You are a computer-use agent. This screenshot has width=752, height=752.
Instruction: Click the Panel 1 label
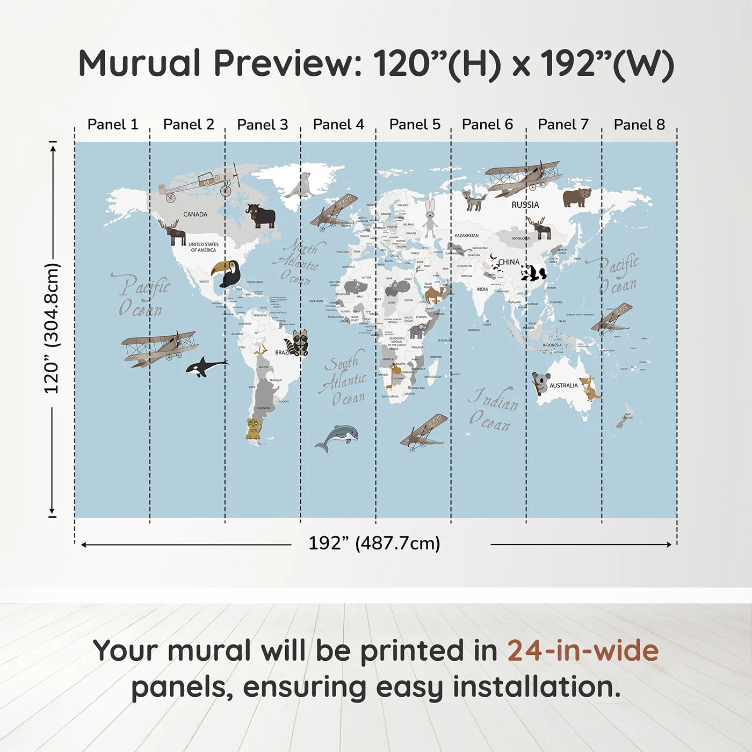click(x=113, y=125)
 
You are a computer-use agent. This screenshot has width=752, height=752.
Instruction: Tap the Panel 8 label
click(x=639, y=125)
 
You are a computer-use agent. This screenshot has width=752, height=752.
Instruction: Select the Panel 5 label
click(x=415, y=125)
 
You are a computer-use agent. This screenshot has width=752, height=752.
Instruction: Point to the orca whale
click(x=206, y=367)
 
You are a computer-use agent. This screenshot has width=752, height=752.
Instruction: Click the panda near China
click(x=533, y=273)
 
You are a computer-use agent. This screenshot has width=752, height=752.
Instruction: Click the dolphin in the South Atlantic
click(x=338, y=436)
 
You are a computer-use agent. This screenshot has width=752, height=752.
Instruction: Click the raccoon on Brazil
click(x=298, y=343)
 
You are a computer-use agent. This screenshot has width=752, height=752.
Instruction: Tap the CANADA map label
click(x=195, y=214)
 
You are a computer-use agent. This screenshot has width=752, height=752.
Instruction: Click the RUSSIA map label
click(x=525, y=205)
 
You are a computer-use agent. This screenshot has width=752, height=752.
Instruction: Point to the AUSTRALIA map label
click(x=563, y=385)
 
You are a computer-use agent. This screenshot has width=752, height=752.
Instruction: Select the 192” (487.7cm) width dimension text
click(x=374, y=543)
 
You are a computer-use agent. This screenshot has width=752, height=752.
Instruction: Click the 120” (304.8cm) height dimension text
click(x=52, y=329)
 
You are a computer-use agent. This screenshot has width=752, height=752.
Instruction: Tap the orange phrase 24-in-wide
click(x=583, y=650)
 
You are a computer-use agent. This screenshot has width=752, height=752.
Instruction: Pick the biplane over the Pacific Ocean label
click(x=159, y=348)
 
